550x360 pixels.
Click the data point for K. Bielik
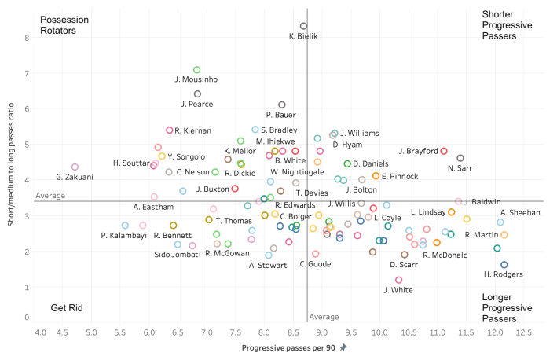tap(303, 26)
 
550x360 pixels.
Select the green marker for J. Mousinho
tap(197, 70)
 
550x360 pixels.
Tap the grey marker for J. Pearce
tap(197, 94)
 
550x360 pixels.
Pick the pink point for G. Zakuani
tap(75, 167)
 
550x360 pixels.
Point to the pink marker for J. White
tap(398, 280)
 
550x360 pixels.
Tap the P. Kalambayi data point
tap(125, 226)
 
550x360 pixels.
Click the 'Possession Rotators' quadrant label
tap(64, 24)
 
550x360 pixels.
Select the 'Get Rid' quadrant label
tap(68, 308)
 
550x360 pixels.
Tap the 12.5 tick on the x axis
tap(524, 333)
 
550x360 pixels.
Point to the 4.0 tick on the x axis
tap(41, 333)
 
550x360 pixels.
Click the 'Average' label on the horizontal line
tap(50, 195)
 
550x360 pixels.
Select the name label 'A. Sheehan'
tap(520, 213)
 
